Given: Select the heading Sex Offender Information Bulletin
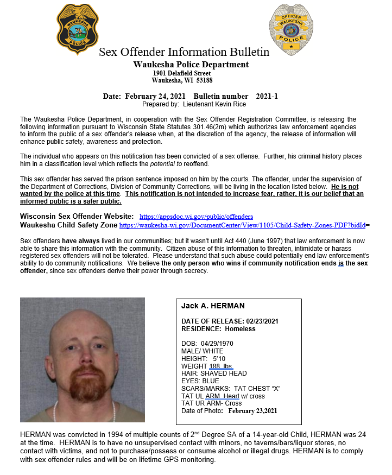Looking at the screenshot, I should (x=184, y=52).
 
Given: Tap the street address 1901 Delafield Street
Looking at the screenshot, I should (x=181, y=73).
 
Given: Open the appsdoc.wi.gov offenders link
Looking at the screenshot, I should (x=196, y=217).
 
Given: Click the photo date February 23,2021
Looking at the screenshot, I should (x=252, y=411).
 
